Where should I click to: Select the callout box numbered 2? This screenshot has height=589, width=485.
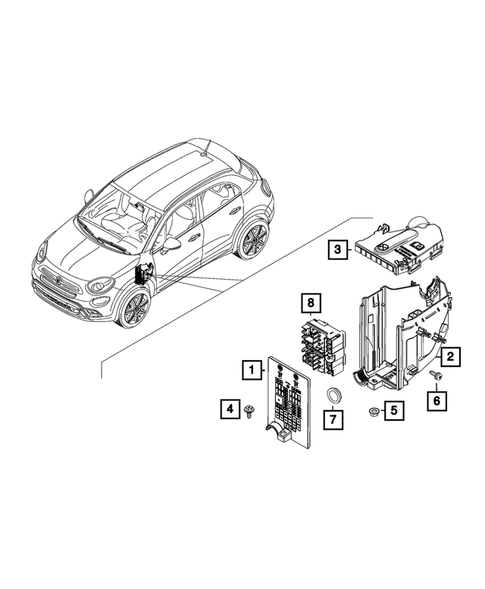coord(451,355)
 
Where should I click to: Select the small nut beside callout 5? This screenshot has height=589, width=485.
coord(372,410)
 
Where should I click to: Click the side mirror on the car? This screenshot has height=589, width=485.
coord(174,243)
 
